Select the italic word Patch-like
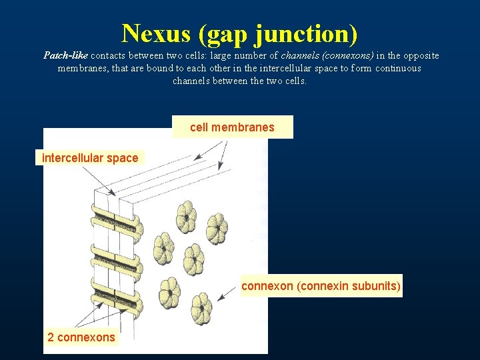[65, 55]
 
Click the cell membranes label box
[232, 127]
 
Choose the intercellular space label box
[89, 158]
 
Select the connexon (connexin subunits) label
[321, 286]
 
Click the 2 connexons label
[81, 337]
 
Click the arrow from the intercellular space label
[100, 180]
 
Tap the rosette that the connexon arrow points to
[202, 307]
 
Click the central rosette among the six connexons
[194, 255]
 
